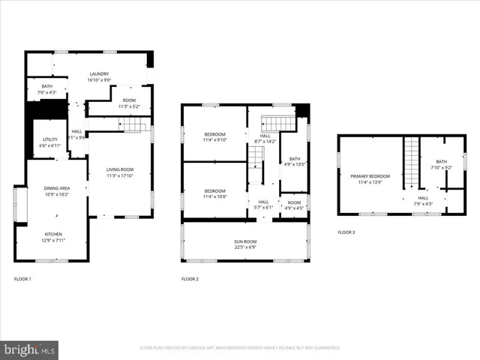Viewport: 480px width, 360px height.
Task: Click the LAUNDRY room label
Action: (x=99, y=73)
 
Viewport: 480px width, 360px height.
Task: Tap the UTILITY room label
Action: (x=50, y=139)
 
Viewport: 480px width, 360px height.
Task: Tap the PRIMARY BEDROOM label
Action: (x=370, y=176)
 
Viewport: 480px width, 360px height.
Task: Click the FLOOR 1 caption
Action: (x=23, y=279)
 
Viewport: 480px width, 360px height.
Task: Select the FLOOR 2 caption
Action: (x=190, y=279)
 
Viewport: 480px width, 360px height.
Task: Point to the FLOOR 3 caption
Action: (x=346, y=232)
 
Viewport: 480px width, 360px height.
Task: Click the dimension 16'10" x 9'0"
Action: (x=99, y=79)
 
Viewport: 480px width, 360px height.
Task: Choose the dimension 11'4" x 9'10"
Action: (x=215, y=139)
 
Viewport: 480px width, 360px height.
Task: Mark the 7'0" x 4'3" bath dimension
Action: (x=46, y=93)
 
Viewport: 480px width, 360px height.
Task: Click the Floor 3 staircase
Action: (x=410, y=161)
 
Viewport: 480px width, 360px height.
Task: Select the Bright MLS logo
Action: (x=30, y=349)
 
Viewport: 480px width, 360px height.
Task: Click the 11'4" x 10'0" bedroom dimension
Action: (x=215, y=197)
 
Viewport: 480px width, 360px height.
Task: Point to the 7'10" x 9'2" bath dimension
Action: (x=441, y=167)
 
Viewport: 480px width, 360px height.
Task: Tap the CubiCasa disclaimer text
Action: (x=240, y=348)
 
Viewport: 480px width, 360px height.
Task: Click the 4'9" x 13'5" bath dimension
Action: (x=295, y=164)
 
